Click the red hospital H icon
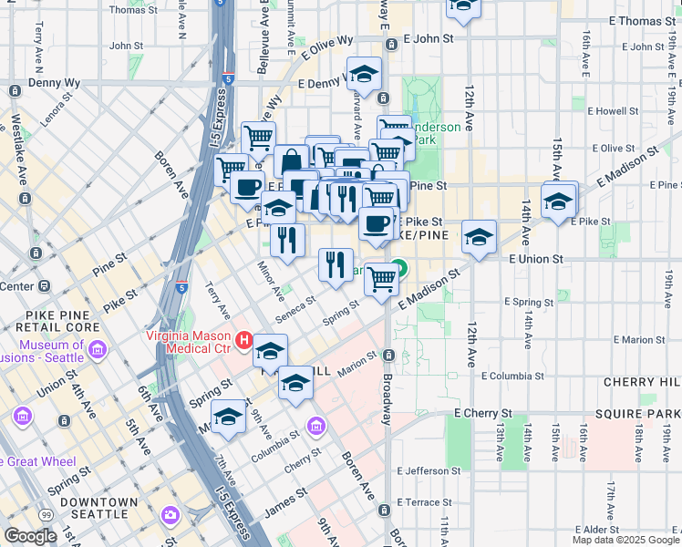pyautogui.click(x=243, y=341)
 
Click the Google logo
pyautogui.click(x=30, y=536)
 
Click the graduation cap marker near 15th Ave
pyautogui.click(x=559, y=201)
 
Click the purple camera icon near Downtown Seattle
pyautogui.click(x=170, y=516)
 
